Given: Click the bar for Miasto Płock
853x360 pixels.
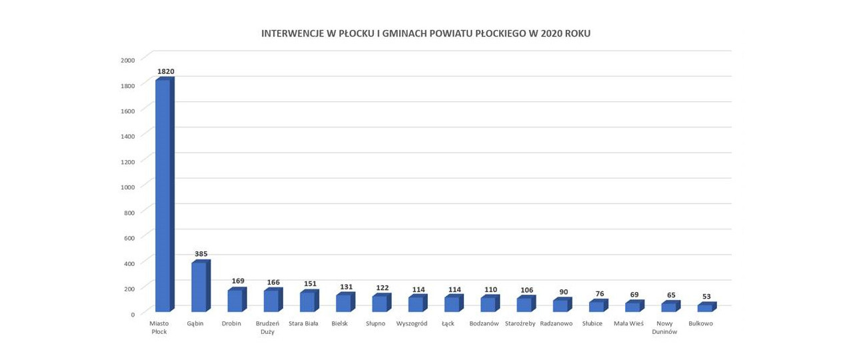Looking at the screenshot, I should (x=163, y=195).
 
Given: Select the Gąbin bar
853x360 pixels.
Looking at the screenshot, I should (x=199, y=287).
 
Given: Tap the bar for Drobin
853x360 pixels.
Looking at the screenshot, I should (x=235, y=301).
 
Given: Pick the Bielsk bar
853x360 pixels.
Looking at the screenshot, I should (x=343, y=303).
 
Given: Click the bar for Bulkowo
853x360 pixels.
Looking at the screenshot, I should (x=704, y=308).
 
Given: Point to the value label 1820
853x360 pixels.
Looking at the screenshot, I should (x=165, y=71).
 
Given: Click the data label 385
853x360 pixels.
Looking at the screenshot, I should (x=201, y=254).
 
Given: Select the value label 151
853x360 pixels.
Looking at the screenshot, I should (x=309, y=284).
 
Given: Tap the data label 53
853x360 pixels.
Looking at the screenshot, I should (x=706, y=297).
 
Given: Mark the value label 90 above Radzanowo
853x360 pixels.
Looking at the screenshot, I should (x=563, y=291).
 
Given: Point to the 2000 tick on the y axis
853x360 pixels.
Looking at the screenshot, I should (x=128, y=60).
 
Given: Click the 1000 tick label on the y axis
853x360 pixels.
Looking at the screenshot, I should (x=128, y=187).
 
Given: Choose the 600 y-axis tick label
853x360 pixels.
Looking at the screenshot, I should (x=129, y=238).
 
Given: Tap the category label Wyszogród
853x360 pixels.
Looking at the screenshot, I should (x=412, y=324).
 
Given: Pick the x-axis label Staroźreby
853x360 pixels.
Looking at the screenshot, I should (x=520, y=324).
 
